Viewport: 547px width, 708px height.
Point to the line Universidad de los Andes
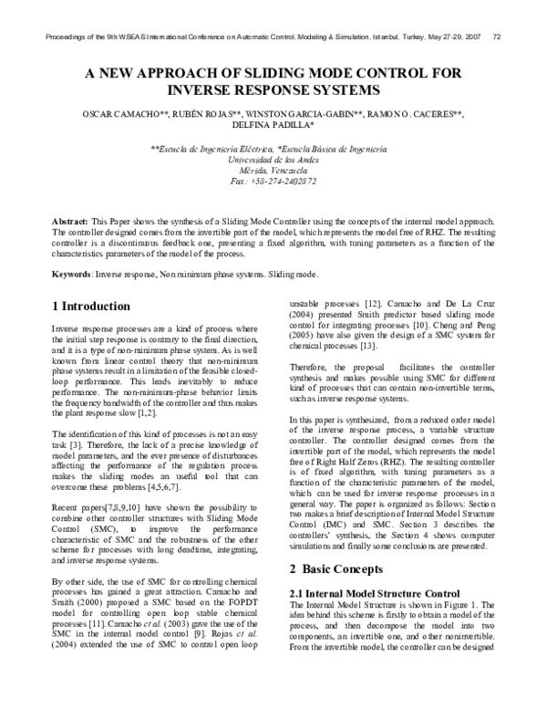click(273, 159)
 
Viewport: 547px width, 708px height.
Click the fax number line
click(273, 182)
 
